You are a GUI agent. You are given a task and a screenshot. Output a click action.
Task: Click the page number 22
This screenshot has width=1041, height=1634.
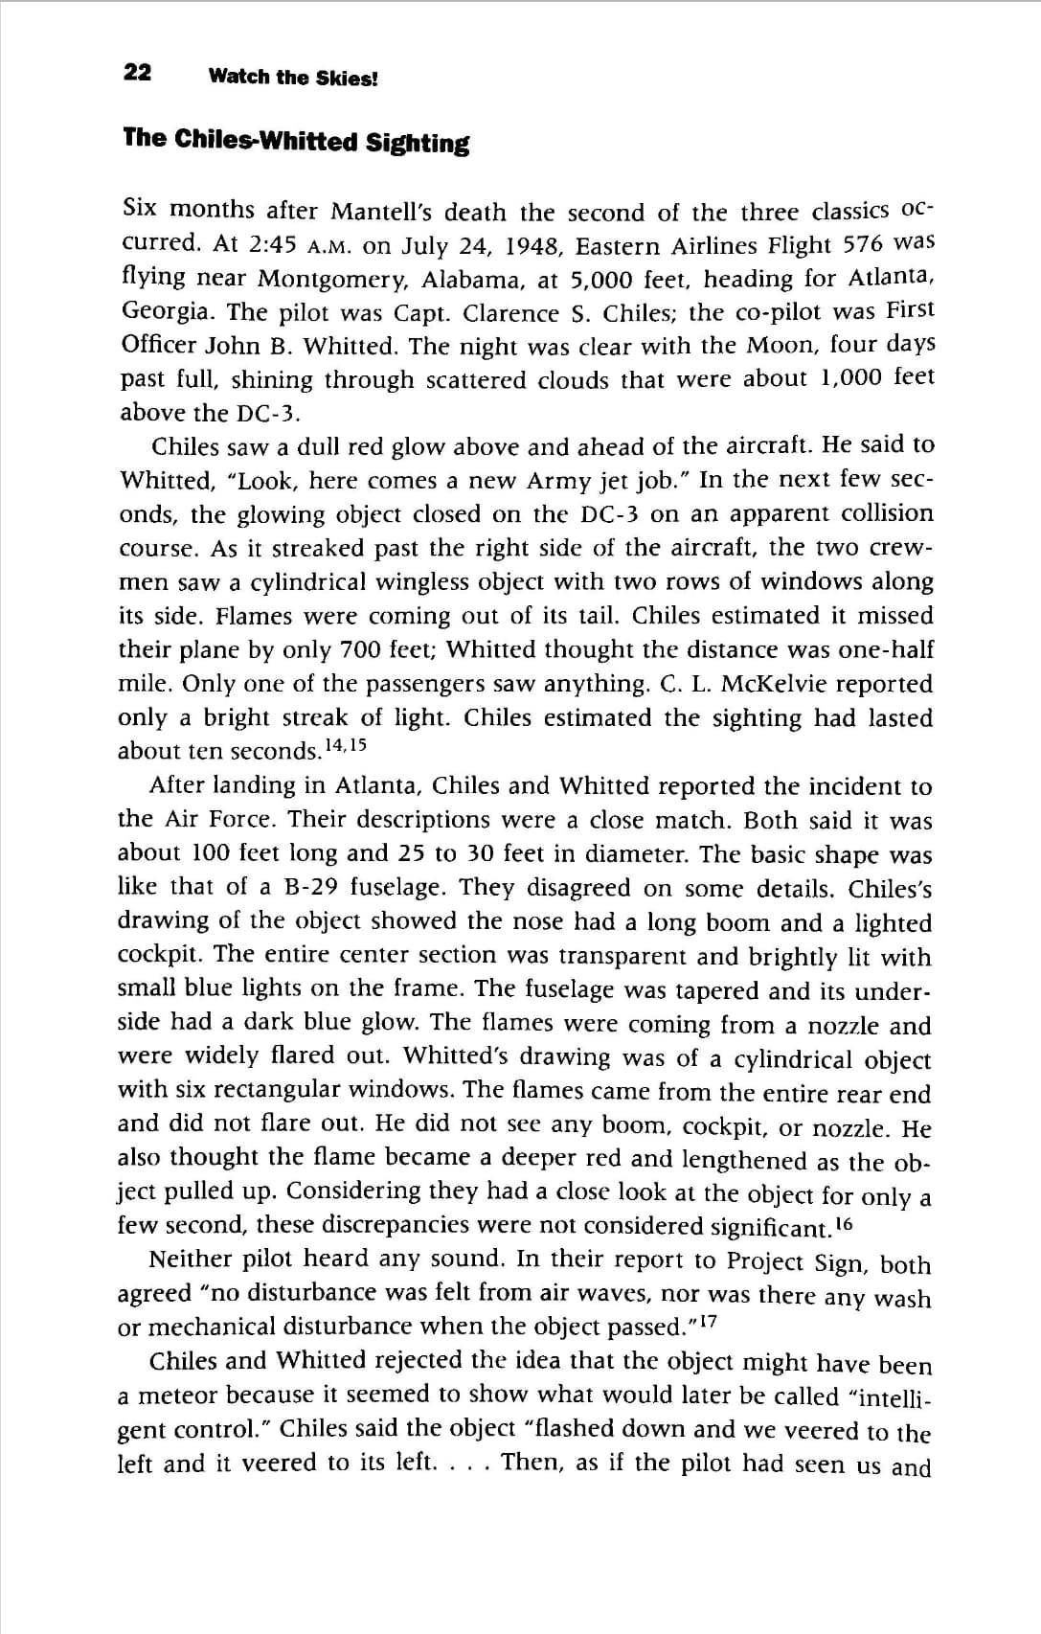(137, 73)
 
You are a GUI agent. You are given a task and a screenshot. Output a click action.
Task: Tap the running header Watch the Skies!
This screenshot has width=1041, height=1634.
(293, 78)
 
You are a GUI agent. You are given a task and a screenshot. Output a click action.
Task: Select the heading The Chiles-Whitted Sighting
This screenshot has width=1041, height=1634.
(296, 141)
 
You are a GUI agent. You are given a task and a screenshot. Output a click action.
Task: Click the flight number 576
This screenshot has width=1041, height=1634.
(862, 244)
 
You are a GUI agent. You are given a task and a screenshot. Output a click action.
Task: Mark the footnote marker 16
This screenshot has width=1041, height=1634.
(843, 1224)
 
